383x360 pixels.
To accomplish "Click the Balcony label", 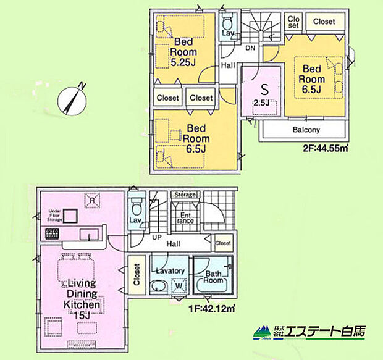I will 306,130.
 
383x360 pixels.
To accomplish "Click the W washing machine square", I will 179,286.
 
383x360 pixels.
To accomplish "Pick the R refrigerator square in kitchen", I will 91,201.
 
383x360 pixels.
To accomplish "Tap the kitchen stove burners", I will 50,235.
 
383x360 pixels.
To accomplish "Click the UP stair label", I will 158,237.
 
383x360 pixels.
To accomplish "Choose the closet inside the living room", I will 135,278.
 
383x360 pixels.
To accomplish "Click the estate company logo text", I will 309,332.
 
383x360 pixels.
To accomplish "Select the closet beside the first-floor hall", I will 224,243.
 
